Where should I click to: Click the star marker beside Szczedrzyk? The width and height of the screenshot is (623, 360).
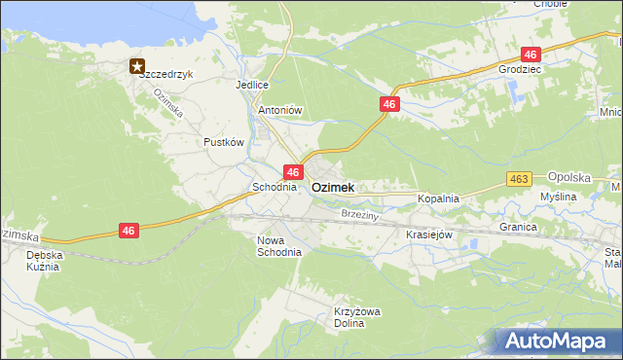click(x=137, y=66)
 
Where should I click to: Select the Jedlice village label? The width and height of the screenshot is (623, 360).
click(x=251, y=85)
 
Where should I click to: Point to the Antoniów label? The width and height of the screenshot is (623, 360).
click(x=280, y=110)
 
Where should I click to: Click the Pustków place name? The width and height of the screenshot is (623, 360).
click(x=223, y=141)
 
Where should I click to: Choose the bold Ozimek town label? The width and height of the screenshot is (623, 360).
click(x=333, y=187)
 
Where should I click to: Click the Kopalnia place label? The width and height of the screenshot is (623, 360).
click(x=438, y=198)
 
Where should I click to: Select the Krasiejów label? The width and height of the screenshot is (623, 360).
click(x=429, y=234)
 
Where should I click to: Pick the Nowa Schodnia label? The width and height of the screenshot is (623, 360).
click(x=278, y=245)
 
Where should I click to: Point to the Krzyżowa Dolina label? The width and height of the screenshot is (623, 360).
click(x=355, y=317)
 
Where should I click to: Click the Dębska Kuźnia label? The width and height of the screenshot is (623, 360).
click(x=43, y=260)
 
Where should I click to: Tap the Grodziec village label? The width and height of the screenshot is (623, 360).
click(x=519, y=70)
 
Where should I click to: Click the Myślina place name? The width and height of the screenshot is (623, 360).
click(x=559, y=197)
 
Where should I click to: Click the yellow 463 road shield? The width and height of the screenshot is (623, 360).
click(x=519, y=179)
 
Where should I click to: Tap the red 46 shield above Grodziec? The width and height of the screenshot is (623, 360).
click(x=531, y=54)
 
